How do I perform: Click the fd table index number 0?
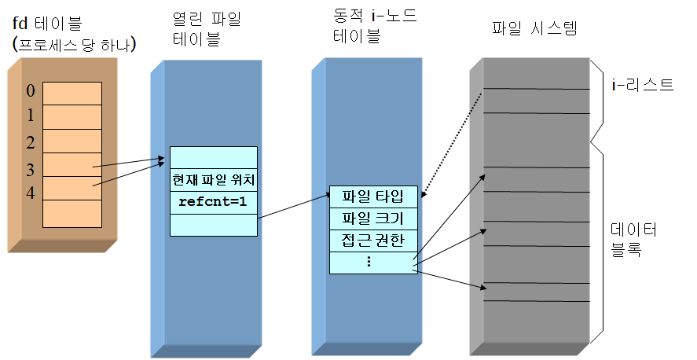tap(31, 91)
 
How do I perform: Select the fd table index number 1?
tap(31, 116)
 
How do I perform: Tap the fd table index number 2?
tap(31, 142)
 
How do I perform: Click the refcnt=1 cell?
tap(213, 201)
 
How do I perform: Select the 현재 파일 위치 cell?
tap(213, 180)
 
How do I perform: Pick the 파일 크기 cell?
tap(372, 218)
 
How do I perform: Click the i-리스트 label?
tap(643, 84)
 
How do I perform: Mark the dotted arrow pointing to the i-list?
tap(453, 144)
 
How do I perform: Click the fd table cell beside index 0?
tap(72, 93)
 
